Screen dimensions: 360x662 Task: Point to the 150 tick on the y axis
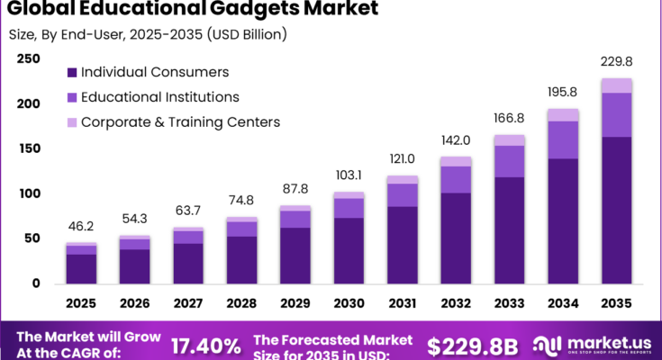coord(29,148)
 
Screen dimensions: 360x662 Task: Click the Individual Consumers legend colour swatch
coord(70,72)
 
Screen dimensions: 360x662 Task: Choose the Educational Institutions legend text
coord(161,96)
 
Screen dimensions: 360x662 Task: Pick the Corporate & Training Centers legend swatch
coord(70,121)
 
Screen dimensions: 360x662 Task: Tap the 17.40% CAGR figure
coord(207,346)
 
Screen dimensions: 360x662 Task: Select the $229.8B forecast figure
coord(471,346)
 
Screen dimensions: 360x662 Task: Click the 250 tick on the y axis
coord(29,59)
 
